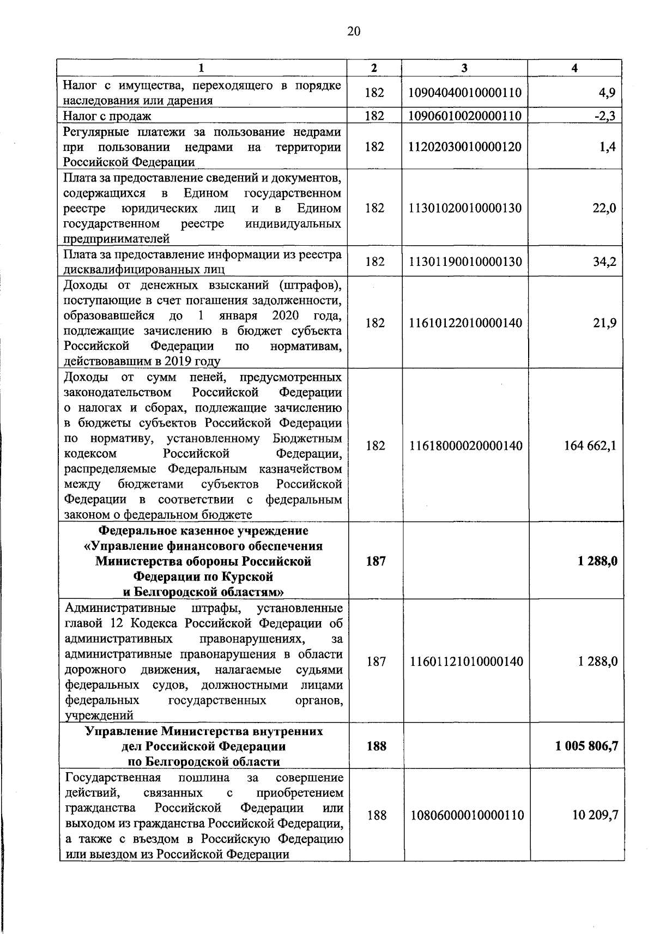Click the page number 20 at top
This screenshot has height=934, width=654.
pyautogui.click(x=353, y=32)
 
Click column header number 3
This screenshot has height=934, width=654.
pyautogui.click(x=464, y=68)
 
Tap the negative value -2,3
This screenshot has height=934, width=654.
pyautogui.click(x=605, y=116)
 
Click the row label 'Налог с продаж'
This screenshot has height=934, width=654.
pyautogui.click(x=107, y=116)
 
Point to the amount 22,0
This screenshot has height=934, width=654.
pyautogui.click(x=604, y=208)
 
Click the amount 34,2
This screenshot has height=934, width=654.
pyautogui.click(x=604, y=262)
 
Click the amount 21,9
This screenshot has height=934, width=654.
pyautogui.click(x=604, y=323)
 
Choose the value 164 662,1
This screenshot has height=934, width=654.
pyautogui.click(x=590, y=446)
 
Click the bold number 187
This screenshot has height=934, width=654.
pyautogui.click(x=376, y=561)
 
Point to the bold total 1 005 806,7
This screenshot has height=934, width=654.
pyautogui.click(x=586, y=746)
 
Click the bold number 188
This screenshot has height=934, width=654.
pyautogui.click(x=376, y=746)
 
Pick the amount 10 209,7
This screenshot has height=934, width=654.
pyautogui.click(x=595, y=815)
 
